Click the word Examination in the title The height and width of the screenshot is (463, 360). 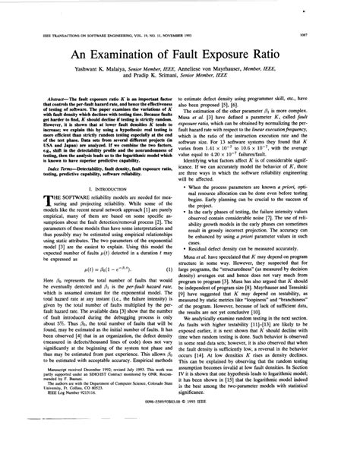130,58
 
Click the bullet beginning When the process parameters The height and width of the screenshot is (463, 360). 266,187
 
